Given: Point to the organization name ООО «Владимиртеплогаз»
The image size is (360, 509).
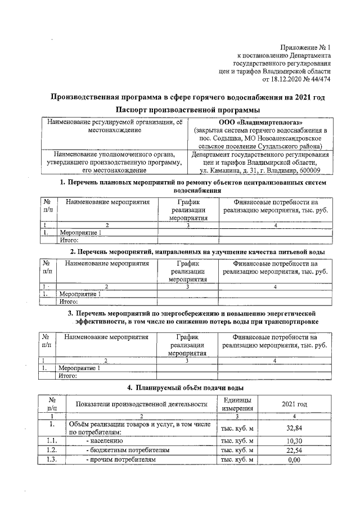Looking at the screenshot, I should pyautogui.click(x=259, y=122).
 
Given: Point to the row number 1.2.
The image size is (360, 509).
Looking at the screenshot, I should pyautogui.click(x=52, y=450).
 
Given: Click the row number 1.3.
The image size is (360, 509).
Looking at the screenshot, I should pyautogui.click(x=52, y=460).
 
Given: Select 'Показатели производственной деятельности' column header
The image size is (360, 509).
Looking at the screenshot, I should pyautogui.click(x=142, y=404).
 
